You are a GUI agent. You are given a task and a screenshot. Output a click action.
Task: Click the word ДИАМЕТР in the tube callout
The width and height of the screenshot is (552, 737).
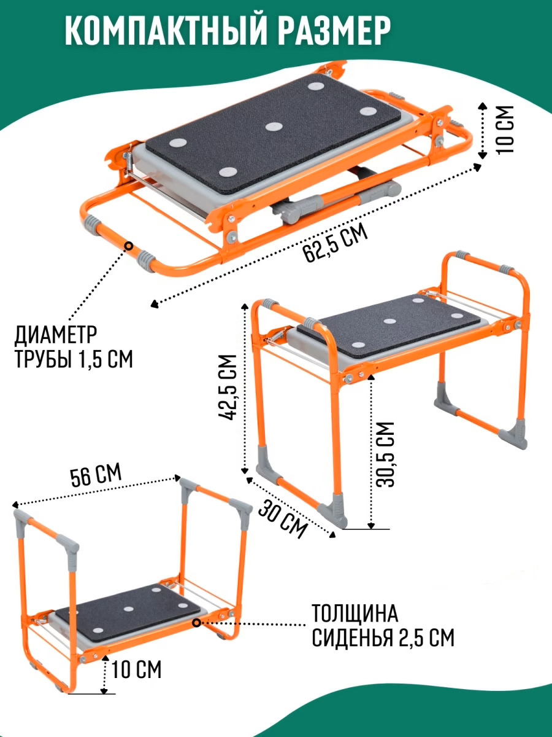click(56, 335)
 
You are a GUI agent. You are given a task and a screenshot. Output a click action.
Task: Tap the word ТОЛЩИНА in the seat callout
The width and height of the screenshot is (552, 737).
click(355, 613)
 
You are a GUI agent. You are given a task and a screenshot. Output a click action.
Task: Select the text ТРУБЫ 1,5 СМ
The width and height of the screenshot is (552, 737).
click(74, 359)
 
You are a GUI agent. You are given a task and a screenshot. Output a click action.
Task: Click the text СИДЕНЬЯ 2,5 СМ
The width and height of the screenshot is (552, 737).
click(383, 638)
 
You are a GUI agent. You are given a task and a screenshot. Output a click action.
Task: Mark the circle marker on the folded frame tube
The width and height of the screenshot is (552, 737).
click(129, 246)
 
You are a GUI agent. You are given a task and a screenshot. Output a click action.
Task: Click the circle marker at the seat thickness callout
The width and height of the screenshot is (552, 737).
click(197, 623)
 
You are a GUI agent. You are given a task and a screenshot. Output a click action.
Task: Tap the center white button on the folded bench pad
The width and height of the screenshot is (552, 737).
click(274, 127)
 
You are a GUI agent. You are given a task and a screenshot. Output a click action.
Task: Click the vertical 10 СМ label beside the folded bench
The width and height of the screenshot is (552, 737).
click(505, 130)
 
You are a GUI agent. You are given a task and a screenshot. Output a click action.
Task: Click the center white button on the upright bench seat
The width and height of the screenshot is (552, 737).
click(389, 321)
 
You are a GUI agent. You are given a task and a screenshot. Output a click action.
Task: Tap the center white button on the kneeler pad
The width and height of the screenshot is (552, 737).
click(129, 609)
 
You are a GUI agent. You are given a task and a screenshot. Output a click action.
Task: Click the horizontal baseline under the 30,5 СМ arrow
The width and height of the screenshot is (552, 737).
click(366, 529)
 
